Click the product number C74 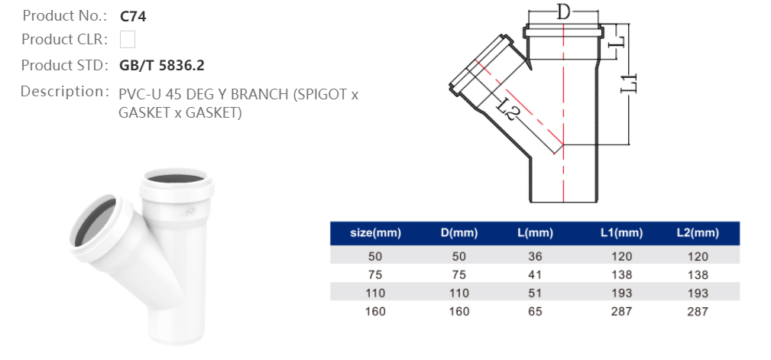(x=133, y=15)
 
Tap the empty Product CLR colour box (x=128, y=39)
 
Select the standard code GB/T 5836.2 (x=162, y=65)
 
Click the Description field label (x=63, y=92)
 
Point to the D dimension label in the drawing (x=563, y=12)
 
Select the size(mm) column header (x=375, y=232)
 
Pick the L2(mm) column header (x=697, y=232)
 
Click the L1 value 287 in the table (x=621, y=311)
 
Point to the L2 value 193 (x=697, y=293)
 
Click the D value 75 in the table (x=458, y=274)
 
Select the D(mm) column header (x=458, y=232)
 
